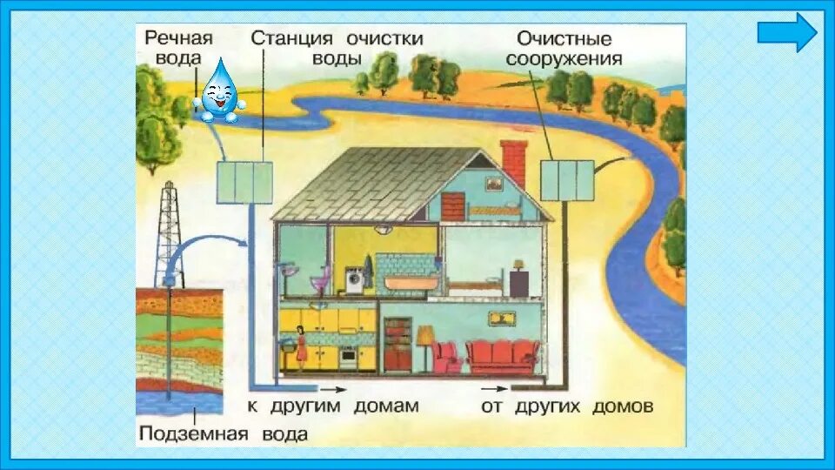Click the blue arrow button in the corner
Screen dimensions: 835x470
pos(787,32)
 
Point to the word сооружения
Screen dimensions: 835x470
pos(569,59)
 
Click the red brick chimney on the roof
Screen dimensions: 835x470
pos(513,162)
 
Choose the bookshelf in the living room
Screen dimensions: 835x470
pos(397,344)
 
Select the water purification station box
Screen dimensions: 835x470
pos(244,183)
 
